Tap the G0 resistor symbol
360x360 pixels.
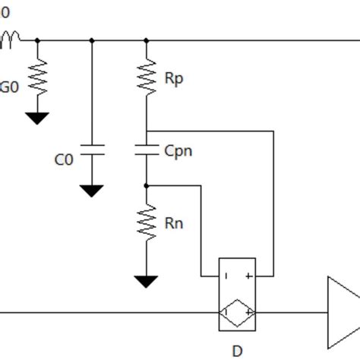click(36, 77)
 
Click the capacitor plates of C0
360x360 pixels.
click(92, 149)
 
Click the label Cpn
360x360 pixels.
click(178, 150)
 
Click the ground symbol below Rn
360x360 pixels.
click(147, 282)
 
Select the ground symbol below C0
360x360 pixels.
click(92, 191)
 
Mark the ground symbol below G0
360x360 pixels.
click(36, 118)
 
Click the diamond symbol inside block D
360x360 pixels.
click(237, 312)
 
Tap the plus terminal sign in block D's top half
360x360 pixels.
click(249, 276)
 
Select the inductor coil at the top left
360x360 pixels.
click(13, 38)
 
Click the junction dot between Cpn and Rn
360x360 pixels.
click(147, 185)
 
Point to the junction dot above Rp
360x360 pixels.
click(147, 40)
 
